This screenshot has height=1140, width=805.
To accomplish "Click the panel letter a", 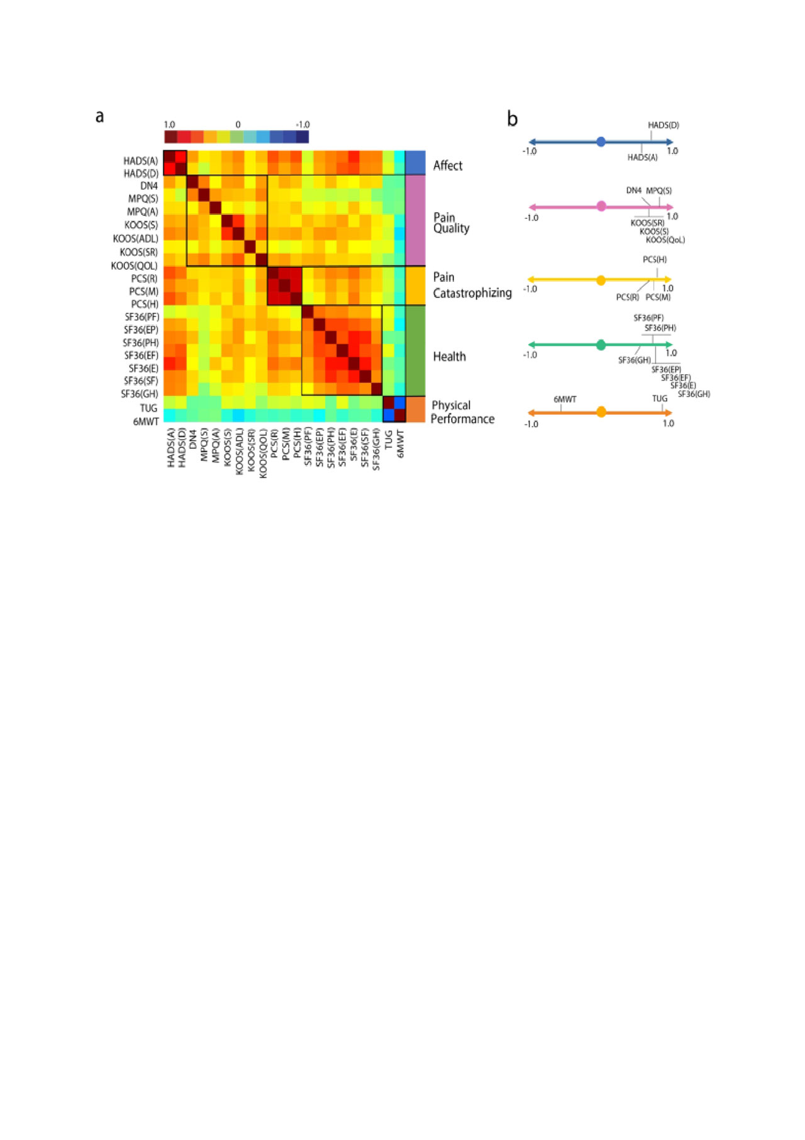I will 99,116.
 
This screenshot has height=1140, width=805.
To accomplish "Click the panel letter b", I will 513,119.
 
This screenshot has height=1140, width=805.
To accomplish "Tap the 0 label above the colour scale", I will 238,125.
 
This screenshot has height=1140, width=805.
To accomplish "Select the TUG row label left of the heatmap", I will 149,408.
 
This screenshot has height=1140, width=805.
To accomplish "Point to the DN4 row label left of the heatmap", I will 149,185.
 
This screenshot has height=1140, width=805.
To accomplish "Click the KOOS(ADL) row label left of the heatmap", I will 136,238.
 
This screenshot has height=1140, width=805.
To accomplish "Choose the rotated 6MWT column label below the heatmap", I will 401,443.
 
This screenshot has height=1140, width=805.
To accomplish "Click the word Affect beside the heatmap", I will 447,165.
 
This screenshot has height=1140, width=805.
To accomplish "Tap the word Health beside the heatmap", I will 449,357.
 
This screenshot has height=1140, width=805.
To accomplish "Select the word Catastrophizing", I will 472,293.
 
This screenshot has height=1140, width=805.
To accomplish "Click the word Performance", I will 462,419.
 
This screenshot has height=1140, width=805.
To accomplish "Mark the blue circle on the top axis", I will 601,142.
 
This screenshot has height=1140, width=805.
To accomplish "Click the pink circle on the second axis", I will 601,206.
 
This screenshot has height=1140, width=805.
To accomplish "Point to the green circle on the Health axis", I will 601,345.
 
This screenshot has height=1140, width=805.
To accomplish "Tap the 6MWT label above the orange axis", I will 565,399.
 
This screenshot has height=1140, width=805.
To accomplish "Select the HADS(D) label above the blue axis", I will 663,125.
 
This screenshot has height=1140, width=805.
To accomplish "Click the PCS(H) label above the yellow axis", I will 655,259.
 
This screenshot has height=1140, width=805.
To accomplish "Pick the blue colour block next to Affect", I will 415,162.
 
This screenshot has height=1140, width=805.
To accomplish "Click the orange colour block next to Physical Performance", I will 415,409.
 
